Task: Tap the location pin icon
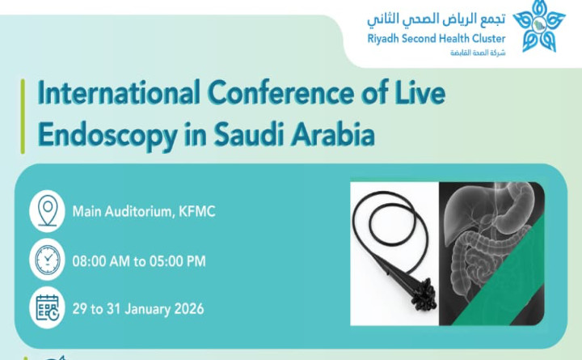(x=47, y=211)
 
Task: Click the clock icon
(x=47, y=260)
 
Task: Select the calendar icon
(x=47, y=307)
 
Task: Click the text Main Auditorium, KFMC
(x=144, y=212)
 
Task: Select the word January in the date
(x=143, y=308)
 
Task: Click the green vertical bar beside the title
(x=23, y=115)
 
